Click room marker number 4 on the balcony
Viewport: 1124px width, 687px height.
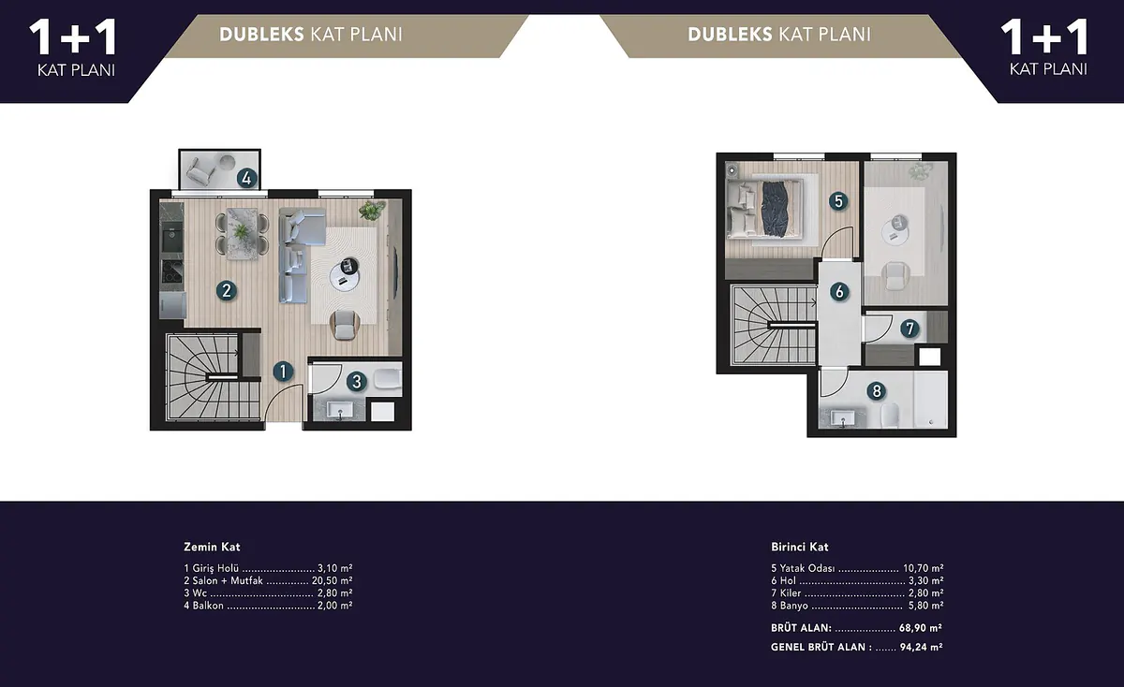[x=246, y=178]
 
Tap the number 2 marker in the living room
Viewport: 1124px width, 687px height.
[x=227, y=290]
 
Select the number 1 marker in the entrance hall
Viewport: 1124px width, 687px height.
[x=283, y=372]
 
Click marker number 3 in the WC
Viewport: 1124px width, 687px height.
[x=357, y=382]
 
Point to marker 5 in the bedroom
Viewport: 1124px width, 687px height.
[x=838, y=201]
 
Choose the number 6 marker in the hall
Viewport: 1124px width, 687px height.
[x=839, y=291]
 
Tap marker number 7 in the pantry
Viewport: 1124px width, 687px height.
[x=910, y=329]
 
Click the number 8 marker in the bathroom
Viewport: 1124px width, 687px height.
[x=877, y=390]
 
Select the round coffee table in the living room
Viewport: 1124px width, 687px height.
[x=345, y=275]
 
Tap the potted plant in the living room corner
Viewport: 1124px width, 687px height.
[x=372, y=210]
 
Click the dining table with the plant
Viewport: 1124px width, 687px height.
[x=243, y=234]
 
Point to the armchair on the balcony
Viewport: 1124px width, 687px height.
[x=200, y=170]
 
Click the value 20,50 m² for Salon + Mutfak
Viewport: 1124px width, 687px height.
[x=333, y=580]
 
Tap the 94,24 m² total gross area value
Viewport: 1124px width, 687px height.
[x=922, y=647]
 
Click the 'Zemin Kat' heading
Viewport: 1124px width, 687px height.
[x=212, y=547]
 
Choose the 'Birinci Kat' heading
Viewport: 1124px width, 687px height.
[x=800, y=547]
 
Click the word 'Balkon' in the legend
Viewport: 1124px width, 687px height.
[x=208, y=606]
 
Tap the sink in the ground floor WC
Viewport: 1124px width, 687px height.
[x=341, y=411]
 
